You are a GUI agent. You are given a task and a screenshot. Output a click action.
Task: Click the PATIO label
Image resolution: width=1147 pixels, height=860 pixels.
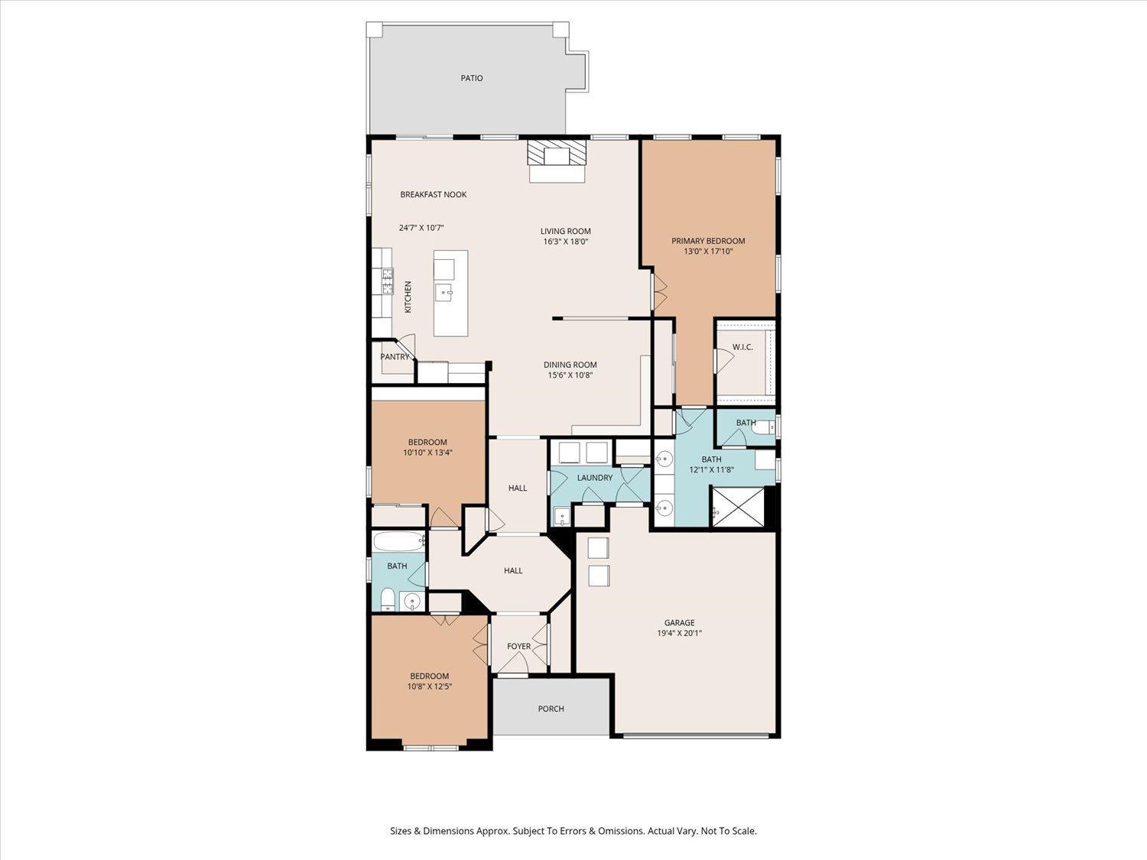(471, 78)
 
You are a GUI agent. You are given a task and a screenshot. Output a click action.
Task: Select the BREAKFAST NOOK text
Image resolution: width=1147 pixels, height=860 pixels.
(434, 194)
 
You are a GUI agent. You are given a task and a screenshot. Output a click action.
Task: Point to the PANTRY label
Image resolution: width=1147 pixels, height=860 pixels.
(395, 357)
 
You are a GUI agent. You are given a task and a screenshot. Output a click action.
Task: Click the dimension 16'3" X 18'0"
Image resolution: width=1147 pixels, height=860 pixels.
(565, 242)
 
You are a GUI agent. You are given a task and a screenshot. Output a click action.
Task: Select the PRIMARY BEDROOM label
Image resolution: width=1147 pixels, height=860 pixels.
(708, 241)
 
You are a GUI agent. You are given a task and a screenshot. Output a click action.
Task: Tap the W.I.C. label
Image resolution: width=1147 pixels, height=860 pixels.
(742, 347)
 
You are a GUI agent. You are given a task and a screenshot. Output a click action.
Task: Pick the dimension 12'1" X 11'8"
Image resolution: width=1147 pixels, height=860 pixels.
(711, 469)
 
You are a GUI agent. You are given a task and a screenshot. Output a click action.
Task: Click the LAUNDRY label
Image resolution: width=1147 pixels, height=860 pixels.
(595, 477)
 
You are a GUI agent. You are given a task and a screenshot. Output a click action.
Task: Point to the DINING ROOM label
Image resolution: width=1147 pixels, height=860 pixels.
(570, 365)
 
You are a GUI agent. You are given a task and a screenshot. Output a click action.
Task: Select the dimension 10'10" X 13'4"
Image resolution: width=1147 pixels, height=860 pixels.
(427, 453)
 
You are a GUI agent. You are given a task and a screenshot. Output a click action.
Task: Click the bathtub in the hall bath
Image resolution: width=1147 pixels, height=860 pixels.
(398, 541)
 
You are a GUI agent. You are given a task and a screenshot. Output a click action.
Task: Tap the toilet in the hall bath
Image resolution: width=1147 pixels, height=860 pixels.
(387, 599)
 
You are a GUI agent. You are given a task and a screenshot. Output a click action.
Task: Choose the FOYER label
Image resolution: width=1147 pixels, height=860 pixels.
(519, 646)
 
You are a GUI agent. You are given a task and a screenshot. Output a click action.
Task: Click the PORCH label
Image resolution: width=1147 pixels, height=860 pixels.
(551, 709)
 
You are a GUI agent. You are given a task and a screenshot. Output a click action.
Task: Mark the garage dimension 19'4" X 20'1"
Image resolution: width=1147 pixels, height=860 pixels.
(679, 634)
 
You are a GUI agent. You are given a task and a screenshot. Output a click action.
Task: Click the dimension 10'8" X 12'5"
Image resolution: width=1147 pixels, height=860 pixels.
(429, 686)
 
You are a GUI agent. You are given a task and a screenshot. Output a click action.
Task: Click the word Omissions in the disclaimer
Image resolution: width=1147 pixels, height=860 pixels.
(622, 831)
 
